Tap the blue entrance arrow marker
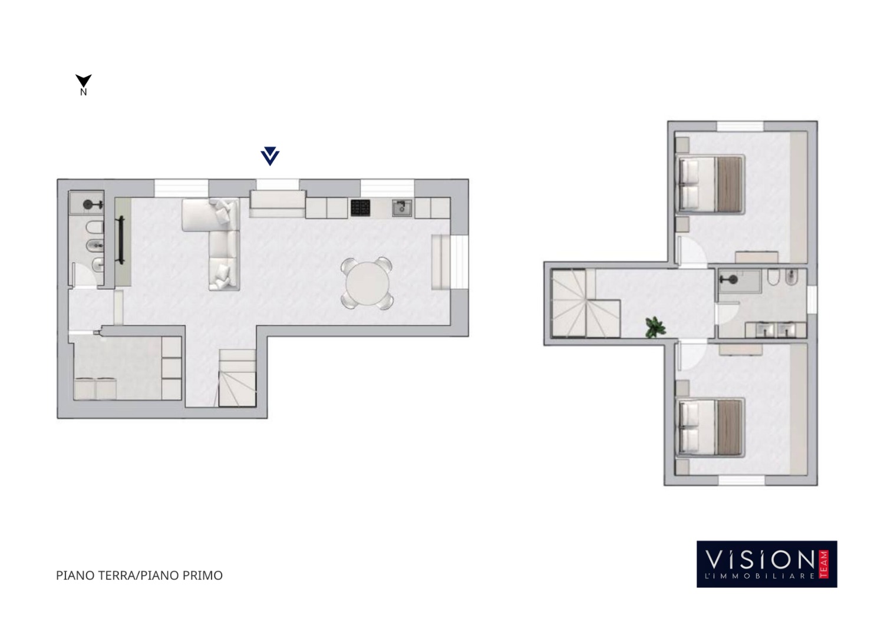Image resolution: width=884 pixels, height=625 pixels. pos(270,156)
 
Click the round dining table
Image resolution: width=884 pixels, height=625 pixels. pos(367,283)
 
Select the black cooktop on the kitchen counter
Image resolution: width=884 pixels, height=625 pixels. pos(360,208)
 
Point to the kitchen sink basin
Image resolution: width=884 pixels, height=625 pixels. pos(402,208)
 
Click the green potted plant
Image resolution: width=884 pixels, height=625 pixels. pos(655,327)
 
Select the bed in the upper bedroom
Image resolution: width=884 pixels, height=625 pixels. pos(710,184)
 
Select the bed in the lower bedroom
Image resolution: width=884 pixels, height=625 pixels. pos(710,428)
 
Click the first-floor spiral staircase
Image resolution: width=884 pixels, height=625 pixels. pos(586,303)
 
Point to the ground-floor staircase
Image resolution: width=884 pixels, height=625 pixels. pos(237,378)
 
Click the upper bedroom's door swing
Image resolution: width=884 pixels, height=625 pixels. pos(691,252)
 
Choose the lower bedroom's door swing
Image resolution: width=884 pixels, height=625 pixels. pos(691,356)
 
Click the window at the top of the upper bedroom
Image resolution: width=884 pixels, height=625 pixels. pos(740,126)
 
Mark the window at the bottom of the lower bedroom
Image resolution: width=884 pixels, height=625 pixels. pos(741,480)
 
